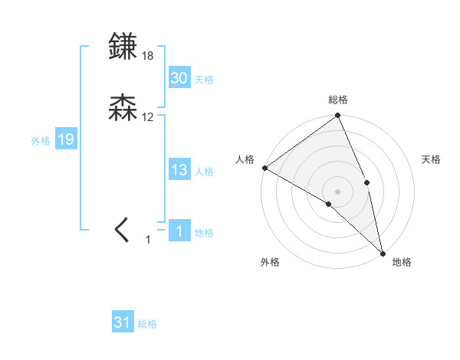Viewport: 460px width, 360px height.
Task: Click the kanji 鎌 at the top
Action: pyautogui.click(x=123, y=47)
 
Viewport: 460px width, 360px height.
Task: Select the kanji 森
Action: pyautogui.click(x=123, y=108)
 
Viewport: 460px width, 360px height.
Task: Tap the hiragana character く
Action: pyautogui.click(x=123, y=230)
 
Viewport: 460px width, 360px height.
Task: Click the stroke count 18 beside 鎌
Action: pyautogui.click(x=148, y=56)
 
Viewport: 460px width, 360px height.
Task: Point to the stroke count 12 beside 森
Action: pyautogui.click(x=148, y=117)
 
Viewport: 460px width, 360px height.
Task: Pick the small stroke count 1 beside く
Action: pyautogui.click(x=149, y=240)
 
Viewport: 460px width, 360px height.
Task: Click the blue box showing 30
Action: pyautogui.click(x=179, y=78)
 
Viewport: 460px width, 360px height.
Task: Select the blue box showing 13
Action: pyautogui.click(x=179, y=171)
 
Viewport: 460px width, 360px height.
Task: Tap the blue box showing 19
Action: pyautogui.click(x=66, y=139)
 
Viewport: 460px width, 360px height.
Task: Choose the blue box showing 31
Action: pyautogui.click(x=123, y=323)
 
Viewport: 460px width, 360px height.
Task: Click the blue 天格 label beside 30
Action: pyautogui.click(x=204, y=80)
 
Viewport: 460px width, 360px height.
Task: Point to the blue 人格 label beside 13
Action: pyautogui.click(x=204, y=172)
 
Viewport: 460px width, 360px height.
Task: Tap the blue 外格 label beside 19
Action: pyautogui.click(x=41, y=141)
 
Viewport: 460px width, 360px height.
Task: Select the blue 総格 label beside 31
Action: pyautogui.click(x=147, y=325)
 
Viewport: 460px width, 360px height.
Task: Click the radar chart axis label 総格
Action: pyautogui.click(x=338, y=100)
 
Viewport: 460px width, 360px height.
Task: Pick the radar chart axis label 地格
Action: pyautogui.click(x=402, y=263)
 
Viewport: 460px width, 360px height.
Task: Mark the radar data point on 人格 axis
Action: pyautogui.click(x=264, y=168)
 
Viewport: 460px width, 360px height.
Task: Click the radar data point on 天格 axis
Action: pyautogui.click(x=367, y=182)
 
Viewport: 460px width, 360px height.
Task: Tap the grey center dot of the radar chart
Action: pyautogui.click(x=338, y=191)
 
